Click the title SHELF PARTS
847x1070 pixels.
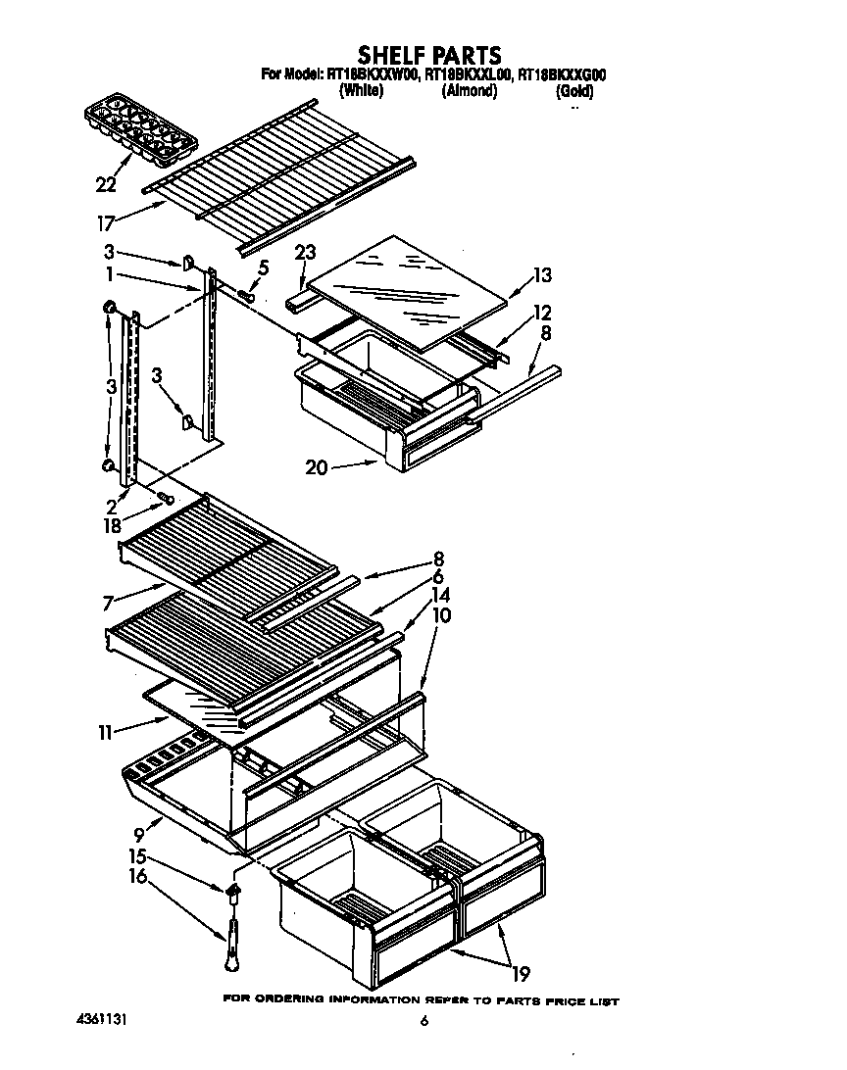coord(428,55)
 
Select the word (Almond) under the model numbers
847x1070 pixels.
coord(469,91)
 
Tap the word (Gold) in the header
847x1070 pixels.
coord(573,92)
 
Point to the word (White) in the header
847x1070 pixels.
coord(360,91)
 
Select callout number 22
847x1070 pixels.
coord(106,183)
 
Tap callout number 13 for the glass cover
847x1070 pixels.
coord(542,275)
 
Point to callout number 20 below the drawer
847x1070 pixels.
coord(316,468)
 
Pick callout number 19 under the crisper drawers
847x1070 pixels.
coord(520,973)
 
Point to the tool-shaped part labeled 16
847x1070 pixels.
coord(235,944)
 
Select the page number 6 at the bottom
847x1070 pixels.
coord(424,1021)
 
